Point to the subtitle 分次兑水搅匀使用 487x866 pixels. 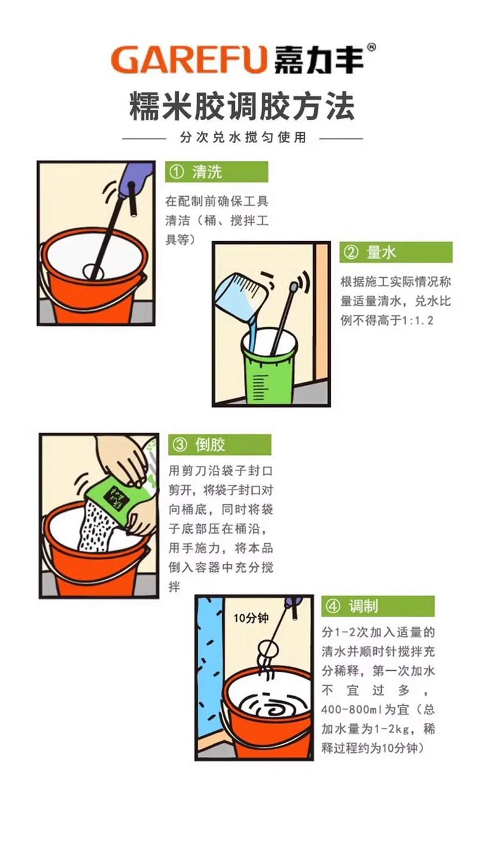243,137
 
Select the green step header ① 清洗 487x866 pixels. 217,172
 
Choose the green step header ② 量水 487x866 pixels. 396,253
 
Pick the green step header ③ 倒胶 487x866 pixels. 220,445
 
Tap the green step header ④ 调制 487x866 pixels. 378,606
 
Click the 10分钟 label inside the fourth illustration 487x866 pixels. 250,618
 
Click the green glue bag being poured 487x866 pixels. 116,499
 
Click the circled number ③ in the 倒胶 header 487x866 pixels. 180,445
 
